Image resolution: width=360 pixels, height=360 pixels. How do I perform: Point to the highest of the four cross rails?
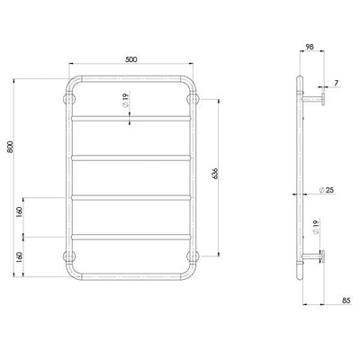point(131,117)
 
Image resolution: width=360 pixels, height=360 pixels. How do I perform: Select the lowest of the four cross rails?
point(131,237)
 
